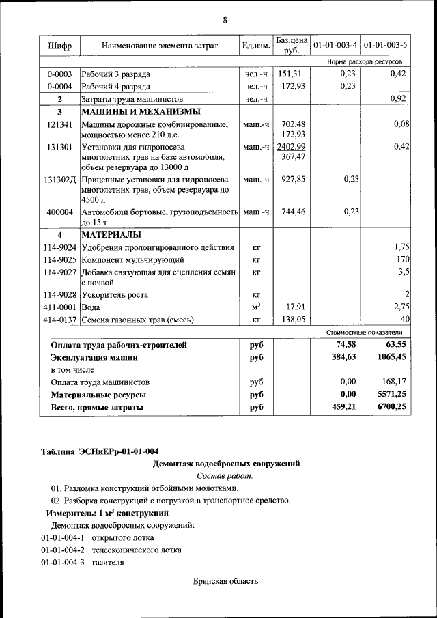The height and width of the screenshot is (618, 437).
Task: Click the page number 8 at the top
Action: [225, 19]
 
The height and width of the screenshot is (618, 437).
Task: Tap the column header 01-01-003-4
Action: [335, 46]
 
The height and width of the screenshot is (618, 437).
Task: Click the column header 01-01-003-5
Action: [386, 46]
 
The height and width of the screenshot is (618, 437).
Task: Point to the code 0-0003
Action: [59, 74]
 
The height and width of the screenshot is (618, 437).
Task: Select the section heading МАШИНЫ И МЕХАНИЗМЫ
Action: [141, 111]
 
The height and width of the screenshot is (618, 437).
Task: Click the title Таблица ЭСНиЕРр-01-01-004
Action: [100, 451]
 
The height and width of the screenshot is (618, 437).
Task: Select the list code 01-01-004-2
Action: [63, 550]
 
